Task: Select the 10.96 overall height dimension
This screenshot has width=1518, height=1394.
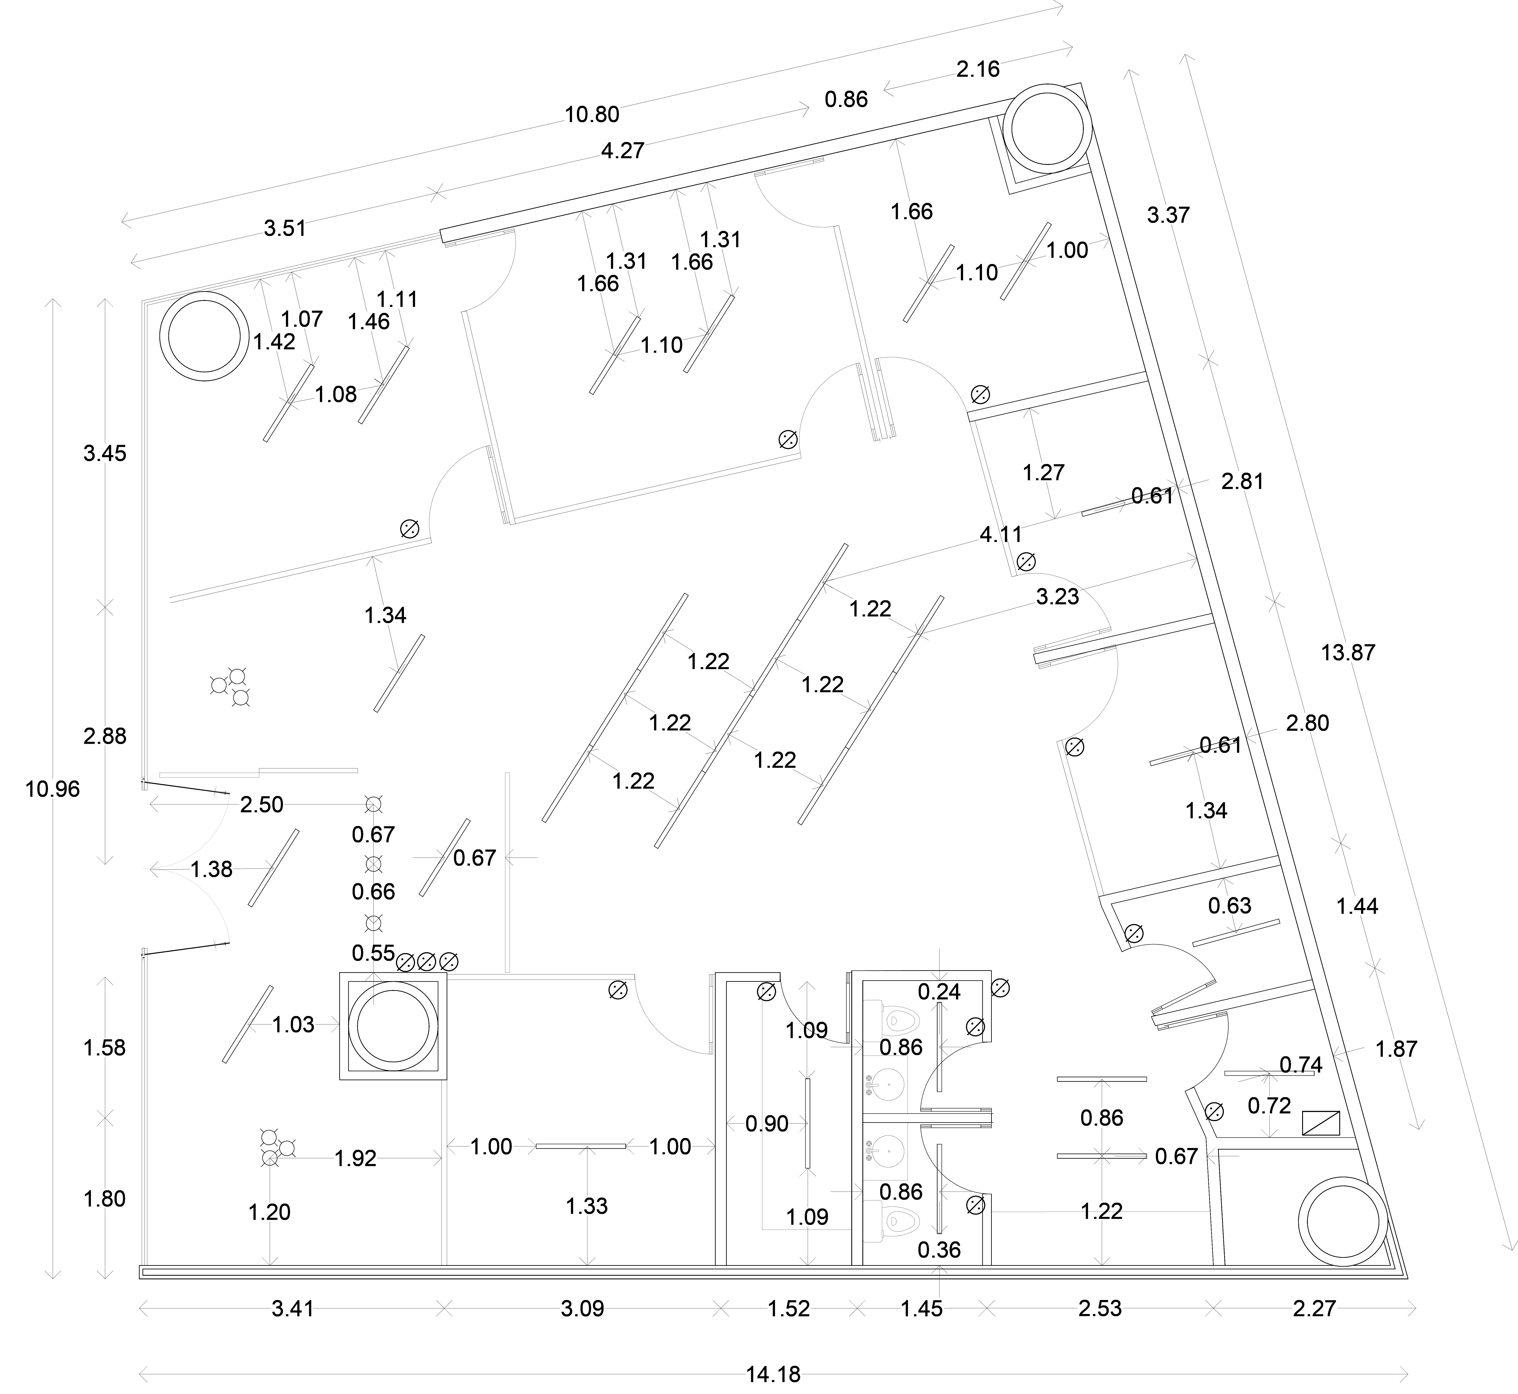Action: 52,789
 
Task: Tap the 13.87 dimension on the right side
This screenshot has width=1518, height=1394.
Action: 1348,652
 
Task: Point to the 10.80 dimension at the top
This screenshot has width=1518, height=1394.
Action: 592,115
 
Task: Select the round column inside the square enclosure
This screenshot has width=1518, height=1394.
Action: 393,1026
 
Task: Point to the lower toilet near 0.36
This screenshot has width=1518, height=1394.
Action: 901,1220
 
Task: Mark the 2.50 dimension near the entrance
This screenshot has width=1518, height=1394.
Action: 262,805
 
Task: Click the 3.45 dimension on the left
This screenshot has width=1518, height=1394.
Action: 105,453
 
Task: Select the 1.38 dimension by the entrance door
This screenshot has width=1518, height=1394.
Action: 211,870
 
